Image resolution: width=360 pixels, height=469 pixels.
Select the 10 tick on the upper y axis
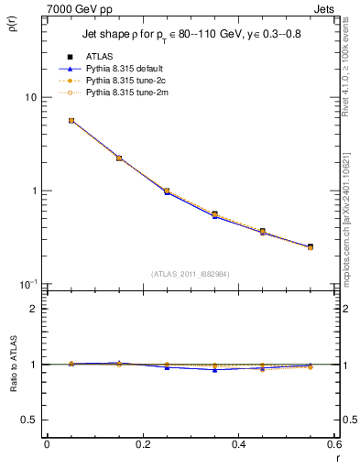tap(30, 97)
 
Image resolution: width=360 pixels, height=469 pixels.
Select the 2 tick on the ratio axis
tap(34, 309)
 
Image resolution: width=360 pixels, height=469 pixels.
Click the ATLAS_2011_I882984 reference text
tap(190, 273)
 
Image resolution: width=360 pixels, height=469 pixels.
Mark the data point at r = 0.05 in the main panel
tap(71, 120)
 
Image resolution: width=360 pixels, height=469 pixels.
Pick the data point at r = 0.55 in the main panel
tap(311, 246)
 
